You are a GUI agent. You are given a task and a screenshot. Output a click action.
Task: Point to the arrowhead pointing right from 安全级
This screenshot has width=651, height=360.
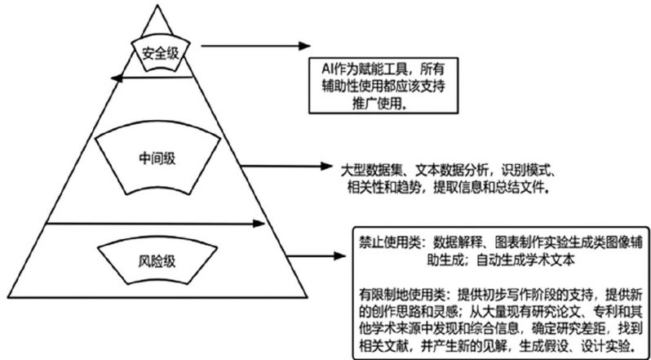tap(308, 45)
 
